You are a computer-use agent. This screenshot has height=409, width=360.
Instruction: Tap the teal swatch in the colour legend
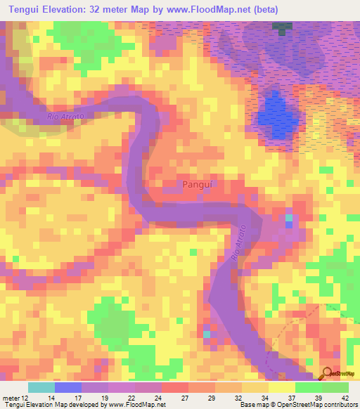(41, 387)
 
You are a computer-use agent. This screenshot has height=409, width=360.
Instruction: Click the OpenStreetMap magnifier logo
(327, 373)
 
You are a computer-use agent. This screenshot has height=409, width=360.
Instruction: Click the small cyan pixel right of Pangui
(288, 219)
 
